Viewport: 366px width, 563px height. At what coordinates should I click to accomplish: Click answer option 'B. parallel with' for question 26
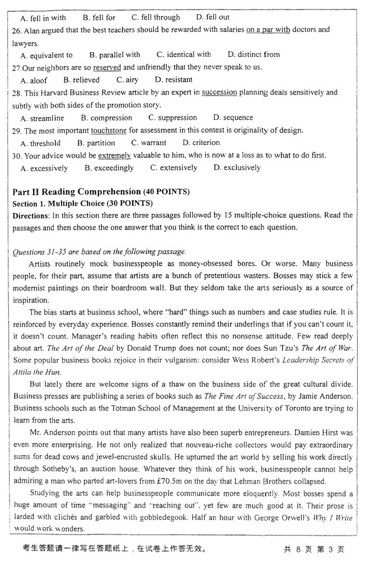pyautogui.click(x=115, y=55)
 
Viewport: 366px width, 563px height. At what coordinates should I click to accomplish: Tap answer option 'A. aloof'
pyautogui.click(x=34, y=80)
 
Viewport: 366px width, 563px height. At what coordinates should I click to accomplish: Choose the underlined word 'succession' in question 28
pyautogui.click(x=219, y=92)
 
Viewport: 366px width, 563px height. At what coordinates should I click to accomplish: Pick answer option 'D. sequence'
pyautogui.click(x=233, y=118)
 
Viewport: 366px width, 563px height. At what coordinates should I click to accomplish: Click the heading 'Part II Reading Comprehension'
pyautogui.click(x=77, y=192)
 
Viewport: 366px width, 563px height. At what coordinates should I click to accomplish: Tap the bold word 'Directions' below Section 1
pyautogui.click(x=30, y=215)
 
